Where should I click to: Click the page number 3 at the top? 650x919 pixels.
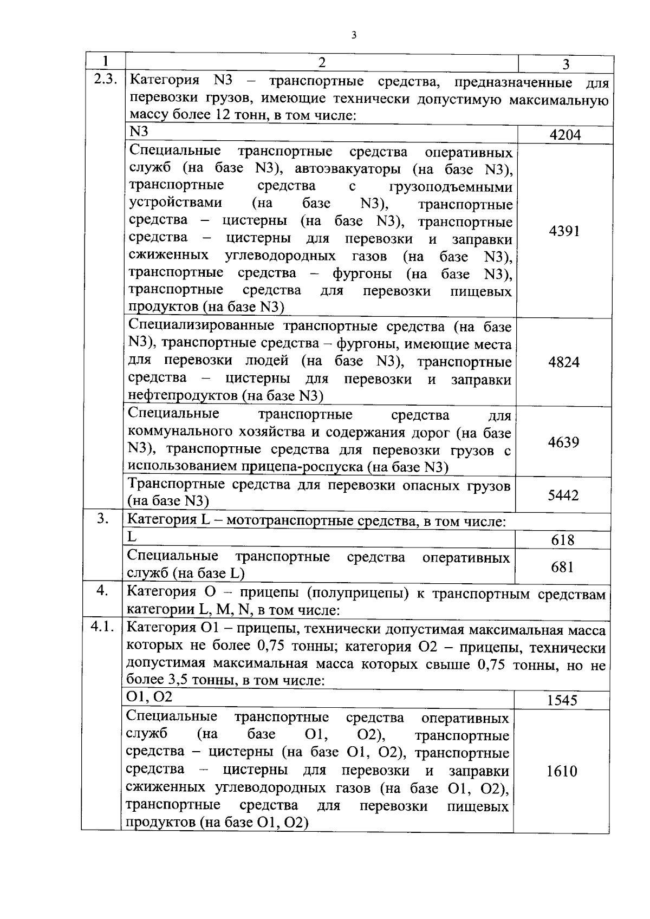(354, 36)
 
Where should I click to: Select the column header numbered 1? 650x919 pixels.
(105, 61)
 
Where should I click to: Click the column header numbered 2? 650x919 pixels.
(321, 62)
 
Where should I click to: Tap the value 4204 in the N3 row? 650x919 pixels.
(565, 135)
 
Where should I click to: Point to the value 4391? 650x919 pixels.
(564, 231)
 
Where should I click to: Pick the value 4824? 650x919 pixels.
(564, 362)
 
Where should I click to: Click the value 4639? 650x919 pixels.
(563, 442)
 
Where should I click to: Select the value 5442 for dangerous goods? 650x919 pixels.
(563, 495)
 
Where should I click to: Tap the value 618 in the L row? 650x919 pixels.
(563, 540)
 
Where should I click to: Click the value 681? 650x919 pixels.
(562, 567)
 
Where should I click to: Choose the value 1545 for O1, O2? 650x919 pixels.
(562, 700)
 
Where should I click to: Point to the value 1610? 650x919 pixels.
(562, 771)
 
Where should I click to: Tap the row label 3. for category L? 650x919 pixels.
(103, 519)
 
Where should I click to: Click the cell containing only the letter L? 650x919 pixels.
(132, 537)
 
